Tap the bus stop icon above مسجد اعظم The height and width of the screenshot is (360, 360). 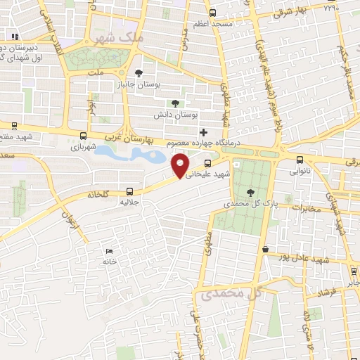(212, 12)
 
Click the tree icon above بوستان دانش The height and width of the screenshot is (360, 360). (175, 103)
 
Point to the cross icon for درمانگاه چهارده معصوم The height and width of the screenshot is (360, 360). (203, 131)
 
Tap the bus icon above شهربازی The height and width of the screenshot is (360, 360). (84, 136)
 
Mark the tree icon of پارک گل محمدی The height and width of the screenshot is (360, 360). (251, 192)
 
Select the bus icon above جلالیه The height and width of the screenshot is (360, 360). (129, 191)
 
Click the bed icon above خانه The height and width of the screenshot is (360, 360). (108, 251)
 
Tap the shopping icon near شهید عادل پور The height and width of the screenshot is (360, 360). (265, 249)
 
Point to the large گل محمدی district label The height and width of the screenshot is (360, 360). (232, 293)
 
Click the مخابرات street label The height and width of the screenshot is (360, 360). (304, 208)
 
